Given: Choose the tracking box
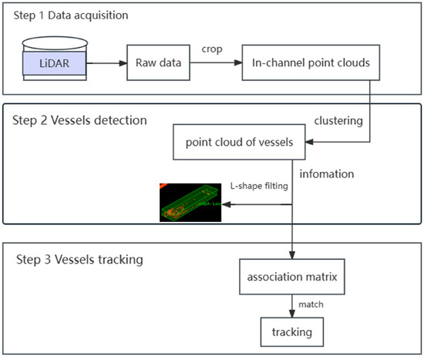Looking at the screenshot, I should pos(291,332).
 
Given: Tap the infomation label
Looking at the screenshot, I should pos(327,174).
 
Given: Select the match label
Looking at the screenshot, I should pos(310,304).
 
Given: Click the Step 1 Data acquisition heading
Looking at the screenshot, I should pos(69,15).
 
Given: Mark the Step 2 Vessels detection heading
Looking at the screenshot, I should pos(79,120).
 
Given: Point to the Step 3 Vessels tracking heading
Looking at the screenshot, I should pos(79,259).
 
